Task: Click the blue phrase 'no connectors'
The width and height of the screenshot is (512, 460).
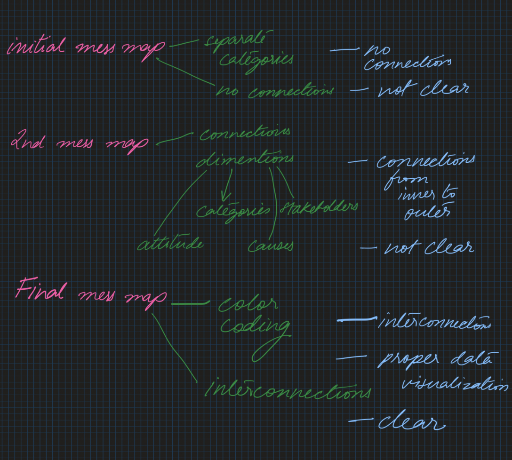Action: click(x=407, y=57)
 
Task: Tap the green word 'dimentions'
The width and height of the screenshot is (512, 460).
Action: click(x=245, y=159)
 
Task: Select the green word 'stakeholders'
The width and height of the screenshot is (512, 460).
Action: click(x=319, y=207)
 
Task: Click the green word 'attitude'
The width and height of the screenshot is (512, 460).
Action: click(x=170, y=244)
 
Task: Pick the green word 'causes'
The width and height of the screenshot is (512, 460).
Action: click(x=271, y=245)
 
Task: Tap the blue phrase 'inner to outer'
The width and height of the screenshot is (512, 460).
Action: click(x=426, y=204)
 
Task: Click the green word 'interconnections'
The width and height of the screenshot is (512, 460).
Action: click(x=288, y=390)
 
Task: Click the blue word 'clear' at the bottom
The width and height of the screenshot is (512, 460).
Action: click(x=411, y=423)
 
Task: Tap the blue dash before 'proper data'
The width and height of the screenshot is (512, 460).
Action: click(x=351, y=358)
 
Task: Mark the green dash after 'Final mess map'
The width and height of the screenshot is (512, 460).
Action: click(x=189, y=303)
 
